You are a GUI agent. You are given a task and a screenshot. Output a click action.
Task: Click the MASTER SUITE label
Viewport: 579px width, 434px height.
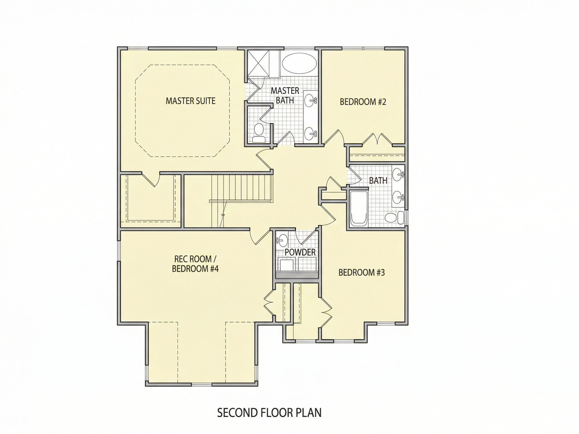[x=190, y=101]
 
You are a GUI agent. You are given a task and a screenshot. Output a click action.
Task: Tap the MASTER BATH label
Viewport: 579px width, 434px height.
[x=285, y=95]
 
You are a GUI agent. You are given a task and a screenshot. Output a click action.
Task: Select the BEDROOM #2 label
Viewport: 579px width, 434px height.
[x=363, y=102]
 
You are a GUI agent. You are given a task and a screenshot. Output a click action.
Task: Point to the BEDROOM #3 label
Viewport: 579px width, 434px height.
[x=361, y=273]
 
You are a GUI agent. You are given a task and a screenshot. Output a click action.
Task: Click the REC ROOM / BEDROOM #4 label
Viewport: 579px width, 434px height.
[x=195, y=264]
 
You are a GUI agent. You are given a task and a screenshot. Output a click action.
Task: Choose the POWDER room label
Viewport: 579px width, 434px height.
[x=300, y=252]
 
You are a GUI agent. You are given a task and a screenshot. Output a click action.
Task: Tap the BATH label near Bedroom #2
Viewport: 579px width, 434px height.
[x=378, y=181]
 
